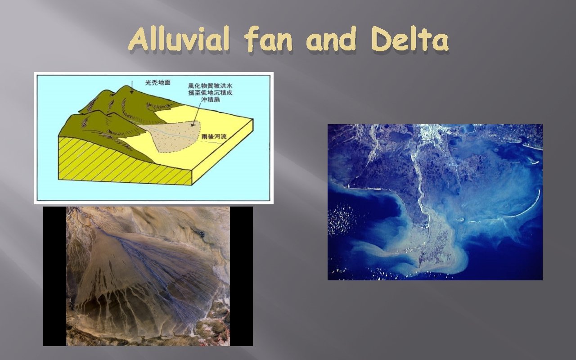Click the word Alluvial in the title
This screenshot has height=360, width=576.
point(180,41)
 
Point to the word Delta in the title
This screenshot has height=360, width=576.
point(411,41)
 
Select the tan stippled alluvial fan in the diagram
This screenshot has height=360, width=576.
point(180,135)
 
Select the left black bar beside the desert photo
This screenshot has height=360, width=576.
point(54,276)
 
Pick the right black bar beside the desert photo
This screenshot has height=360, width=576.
point(241,276)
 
